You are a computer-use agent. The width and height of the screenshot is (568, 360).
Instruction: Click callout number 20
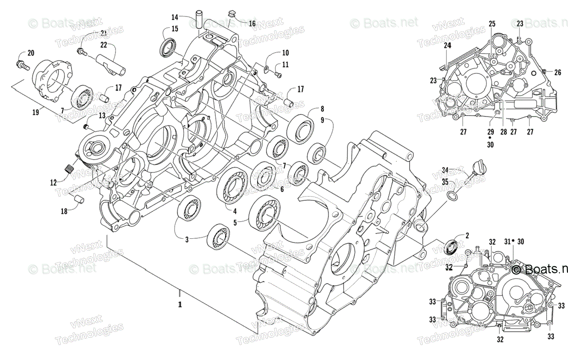click(x=31, y=53)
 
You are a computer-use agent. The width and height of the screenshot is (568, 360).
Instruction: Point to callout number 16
click(x=252, y=23)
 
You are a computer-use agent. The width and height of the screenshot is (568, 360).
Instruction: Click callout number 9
click(x=322, y=121)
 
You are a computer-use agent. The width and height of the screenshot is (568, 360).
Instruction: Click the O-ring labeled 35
click(x=452, y=196)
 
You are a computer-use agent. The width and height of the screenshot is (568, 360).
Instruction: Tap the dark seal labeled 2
click(x=453, y=246)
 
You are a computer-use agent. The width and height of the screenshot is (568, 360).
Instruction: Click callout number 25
click(x=492, y=24)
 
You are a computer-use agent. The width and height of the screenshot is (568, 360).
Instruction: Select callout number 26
click(x=558, y=72)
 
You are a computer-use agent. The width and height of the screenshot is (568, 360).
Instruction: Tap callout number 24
click(x=447, y=45)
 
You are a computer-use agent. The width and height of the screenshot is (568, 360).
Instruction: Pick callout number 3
click(x=187, y=240)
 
